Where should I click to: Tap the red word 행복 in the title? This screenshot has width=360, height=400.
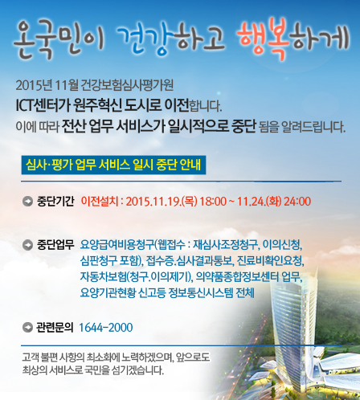tap(264, 38)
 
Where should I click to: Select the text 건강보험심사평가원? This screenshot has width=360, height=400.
tap(127, 85)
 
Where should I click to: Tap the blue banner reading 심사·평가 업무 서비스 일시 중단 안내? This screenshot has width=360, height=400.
tap(113, 165)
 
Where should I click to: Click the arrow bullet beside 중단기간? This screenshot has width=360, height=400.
tap(28, 202)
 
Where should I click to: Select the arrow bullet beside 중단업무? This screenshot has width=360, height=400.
tap(28, 245)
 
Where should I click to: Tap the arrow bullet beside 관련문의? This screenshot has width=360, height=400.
tap(28, 327)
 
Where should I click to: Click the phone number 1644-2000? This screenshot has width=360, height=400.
tap(106, 328)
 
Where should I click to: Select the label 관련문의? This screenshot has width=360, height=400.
tap(55, 327)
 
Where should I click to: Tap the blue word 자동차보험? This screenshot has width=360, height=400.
tap(104, 276)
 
